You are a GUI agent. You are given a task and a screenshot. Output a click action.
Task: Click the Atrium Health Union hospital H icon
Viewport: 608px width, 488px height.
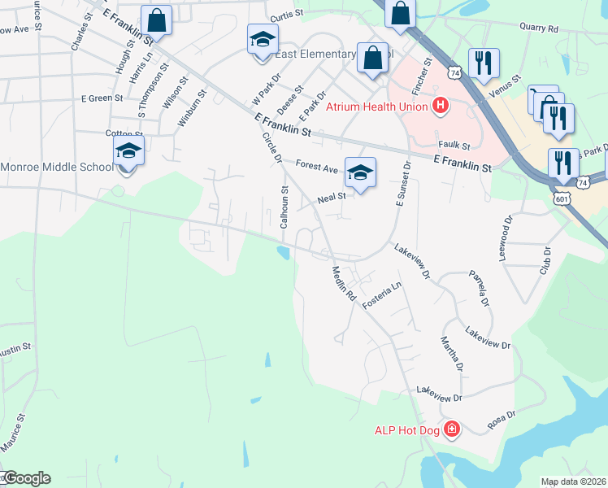tap(441, 106)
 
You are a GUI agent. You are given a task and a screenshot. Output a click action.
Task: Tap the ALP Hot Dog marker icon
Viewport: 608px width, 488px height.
tap(452, 429)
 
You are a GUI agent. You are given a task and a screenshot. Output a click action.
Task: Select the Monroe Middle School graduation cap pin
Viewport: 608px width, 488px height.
tap(128, 152)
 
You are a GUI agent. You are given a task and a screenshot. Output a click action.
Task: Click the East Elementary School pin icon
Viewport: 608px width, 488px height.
tap(263, 41)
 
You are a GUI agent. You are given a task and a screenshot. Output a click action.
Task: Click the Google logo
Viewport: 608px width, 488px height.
tap(26, 478)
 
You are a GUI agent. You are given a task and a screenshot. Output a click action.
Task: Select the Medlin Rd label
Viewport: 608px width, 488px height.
tap(344, 285)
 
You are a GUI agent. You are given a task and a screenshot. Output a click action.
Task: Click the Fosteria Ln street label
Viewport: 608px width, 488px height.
tap(382, 295)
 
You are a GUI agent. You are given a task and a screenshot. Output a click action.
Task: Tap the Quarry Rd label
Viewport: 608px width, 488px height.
tap(541, 28)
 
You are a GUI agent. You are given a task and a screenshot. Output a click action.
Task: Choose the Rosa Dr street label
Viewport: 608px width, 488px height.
tap(501, 419)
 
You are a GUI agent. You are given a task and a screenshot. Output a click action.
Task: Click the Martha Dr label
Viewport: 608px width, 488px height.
tap(452, 355)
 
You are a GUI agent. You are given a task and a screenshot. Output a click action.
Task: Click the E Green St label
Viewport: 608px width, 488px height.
tap(102, 98)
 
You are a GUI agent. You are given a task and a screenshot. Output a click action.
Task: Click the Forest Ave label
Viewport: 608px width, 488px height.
tap(316, 166)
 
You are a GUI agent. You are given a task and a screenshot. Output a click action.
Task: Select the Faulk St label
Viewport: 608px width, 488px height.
tap(454, 145)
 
